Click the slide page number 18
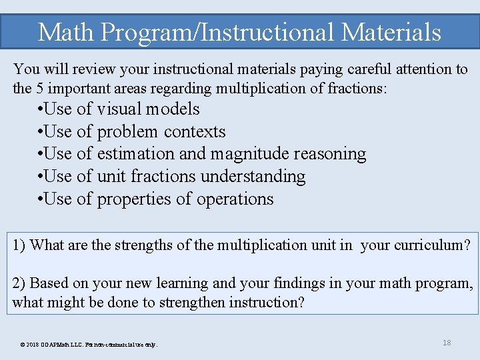[447, 343]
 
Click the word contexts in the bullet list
[195, 131]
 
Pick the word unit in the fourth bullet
[111, 177]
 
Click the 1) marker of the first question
[19, 245]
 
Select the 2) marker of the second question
[19, 283]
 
